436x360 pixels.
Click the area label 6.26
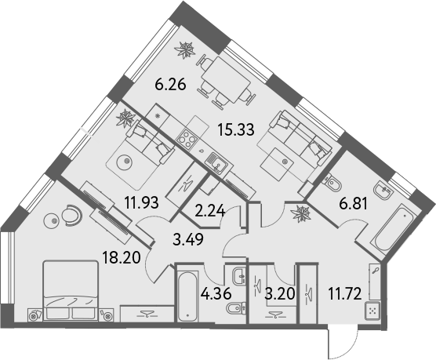[170, 84]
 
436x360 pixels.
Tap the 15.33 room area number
[236, 129]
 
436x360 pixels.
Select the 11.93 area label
[142, 202]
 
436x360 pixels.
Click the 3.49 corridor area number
[188, 239]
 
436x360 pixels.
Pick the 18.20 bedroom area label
[122, 257]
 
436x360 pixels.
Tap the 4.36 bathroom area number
[216, 294]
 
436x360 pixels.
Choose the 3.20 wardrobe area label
[279, 294]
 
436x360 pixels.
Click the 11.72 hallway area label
[345, 294]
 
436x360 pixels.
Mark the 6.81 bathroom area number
[353, 204]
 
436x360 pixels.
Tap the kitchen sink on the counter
[216, 163]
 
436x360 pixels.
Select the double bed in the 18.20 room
[71, 290]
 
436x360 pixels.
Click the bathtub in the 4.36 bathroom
[187, 294]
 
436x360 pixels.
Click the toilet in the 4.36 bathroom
[236, 308]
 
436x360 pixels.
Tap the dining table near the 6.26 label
[226, 79]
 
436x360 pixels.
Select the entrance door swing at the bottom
[343, 344]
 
